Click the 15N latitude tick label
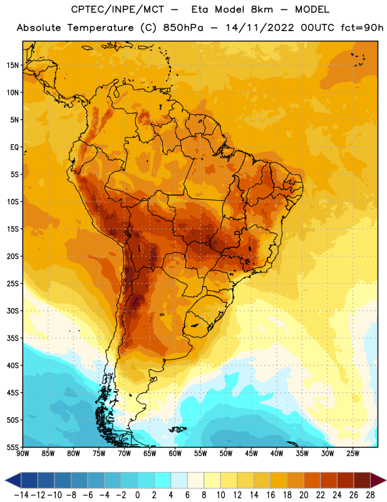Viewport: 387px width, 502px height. click(13, 65)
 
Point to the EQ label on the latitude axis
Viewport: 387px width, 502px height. click(14, 147)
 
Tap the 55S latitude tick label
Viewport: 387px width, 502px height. click(13, 447)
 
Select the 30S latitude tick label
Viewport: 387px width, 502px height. click(13, 311)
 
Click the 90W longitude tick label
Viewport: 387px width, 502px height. click(23, 454)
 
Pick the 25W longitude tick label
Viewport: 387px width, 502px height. click(353, 454)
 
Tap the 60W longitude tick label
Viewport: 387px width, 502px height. click(175, 454)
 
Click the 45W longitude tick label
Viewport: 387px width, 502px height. click(252, 454)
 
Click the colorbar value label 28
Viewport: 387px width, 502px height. click(370, 495)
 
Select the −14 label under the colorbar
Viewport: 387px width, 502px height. click(21, 495)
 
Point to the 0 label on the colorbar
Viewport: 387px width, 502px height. click(138, 495)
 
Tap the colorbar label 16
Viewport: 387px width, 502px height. click(271, 495)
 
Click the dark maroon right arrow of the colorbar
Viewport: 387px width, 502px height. click(378, 480)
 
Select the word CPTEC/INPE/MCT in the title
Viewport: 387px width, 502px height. click(117, 9)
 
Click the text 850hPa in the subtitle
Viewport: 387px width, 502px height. click(183, 28)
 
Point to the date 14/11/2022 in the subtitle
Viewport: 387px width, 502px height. click(259, 28)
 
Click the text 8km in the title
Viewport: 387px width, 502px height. click(262, 9)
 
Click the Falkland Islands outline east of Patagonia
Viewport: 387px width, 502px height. click(178, 429)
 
